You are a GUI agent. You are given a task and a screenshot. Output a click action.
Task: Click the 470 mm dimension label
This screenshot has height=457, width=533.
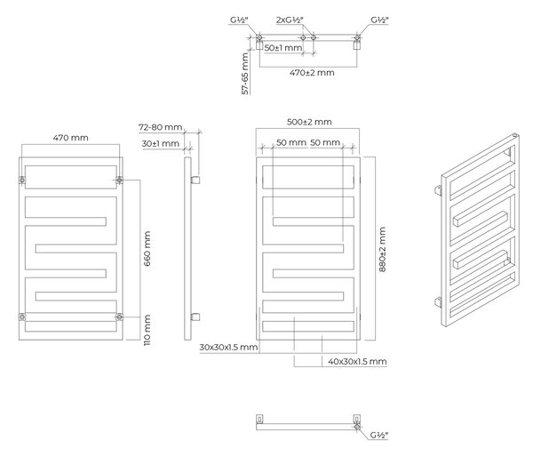pyautogui.click(x=71, y=138)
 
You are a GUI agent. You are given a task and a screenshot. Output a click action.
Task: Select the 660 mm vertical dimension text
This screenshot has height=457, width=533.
pyautogui.click(x=147, y=249)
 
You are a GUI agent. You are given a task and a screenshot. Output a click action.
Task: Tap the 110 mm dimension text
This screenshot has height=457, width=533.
pyautogui.click(x=147, y=330)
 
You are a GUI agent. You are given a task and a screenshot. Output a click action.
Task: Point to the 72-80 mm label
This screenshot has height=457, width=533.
pyautogui.click(x=160, y=127)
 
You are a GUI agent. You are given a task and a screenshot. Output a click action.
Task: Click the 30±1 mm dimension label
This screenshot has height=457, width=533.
pyautogui.click(x=161, y=144)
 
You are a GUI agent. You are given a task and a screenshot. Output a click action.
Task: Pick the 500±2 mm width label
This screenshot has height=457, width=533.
pyautogui.click(x=309, y=122)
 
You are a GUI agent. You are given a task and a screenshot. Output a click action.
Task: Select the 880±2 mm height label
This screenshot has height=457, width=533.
pyautogui.click(x=382, y=250)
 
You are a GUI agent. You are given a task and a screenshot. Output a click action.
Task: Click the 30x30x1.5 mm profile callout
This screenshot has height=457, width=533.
pyautogui.click(x=228, y=348)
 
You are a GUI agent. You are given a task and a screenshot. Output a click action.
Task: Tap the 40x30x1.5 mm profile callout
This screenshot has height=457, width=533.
pyautogui.click(x=357, y=361)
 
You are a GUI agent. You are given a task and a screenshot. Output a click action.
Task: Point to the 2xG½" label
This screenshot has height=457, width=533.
pyautogui.click(x=290, y=20)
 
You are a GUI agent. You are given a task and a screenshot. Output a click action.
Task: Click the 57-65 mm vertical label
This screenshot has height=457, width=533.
pyautogui.click(x=245, y=74)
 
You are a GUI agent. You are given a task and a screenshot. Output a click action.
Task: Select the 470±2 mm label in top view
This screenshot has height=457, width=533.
pyautogui.click(x=312, y=73)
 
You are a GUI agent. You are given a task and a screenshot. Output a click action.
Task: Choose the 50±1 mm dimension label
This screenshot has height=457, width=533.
pyautogui.click(x=283, y=48)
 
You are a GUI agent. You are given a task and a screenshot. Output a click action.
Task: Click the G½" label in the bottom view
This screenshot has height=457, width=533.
pyautogui.click(x=379, y=436)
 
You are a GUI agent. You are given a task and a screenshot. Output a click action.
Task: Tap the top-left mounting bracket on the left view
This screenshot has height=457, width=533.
pyautogui.click(x=22, y=180)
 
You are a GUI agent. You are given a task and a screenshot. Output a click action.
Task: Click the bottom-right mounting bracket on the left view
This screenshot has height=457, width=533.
pyautogui.click(x=119, y=317)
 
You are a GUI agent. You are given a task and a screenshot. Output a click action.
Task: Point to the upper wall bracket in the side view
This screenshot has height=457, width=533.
pyautogui.click(x=195, y=180)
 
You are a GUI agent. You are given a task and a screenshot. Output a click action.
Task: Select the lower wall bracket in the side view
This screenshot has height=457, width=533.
pyautogui.click(x=195, y=317)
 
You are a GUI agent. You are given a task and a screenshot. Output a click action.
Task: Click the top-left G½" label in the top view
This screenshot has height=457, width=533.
pyautogui.click(x=239, y=20)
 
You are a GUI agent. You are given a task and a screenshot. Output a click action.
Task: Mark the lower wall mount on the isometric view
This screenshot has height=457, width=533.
pyautogui.click(x=438, y=302)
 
